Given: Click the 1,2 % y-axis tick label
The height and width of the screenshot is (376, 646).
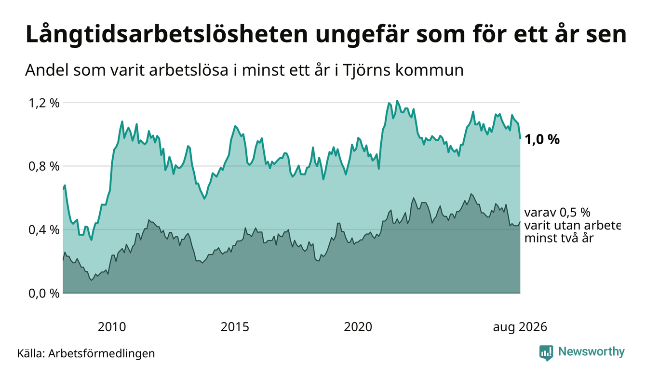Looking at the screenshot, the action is (x=44, y=103).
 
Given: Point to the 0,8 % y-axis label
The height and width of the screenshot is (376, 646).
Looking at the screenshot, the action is (x=44, y=167).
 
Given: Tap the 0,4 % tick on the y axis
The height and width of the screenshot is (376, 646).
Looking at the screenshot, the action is (x=44, y=230).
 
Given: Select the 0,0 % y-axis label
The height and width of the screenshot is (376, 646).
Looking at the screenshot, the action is (x=44, y=294).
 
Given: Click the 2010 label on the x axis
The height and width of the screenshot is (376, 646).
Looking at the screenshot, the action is (x=112, y=327).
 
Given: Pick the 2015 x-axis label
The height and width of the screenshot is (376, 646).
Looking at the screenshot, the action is (x=235, y=327).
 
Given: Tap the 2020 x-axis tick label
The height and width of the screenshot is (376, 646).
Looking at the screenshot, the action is (x=358, y=327).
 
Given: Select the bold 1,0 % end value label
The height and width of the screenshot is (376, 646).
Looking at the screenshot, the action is (x=542, y=140).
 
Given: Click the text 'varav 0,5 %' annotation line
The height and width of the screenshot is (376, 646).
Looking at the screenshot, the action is (x=557, y=213).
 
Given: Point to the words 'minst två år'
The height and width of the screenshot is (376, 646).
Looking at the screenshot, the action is (x=559, y=239).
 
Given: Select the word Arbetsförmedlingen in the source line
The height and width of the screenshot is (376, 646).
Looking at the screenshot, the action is (x=102, y=353).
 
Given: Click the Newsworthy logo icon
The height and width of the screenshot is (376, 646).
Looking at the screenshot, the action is (x=546, y=353).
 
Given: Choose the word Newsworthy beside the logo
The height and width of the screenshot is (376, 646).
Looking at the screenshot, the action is (x=592, y=352).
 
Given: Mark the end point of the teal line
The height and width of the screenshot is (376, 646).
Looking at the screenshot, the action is (x=520, y=138).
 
